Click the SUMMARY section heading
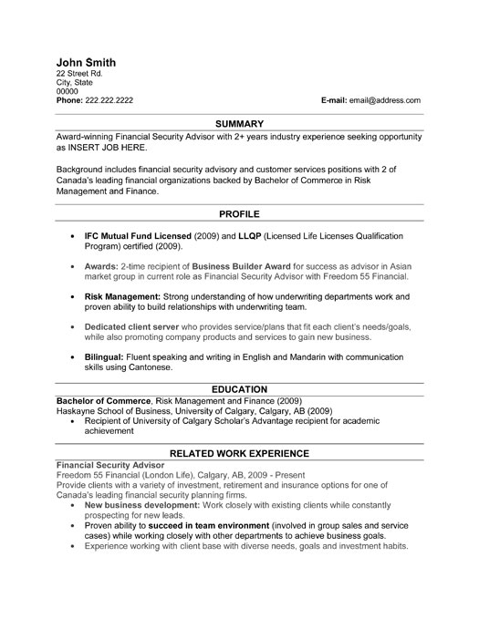pos(239,122)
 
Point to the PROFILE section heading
pos(239,213)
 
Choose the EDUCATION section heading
pos(239,388)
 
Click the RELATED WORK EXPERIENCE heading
pos(239,452)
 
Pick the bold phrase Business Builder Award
pos(243,266)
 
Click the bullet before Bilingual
pos(72,358)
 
